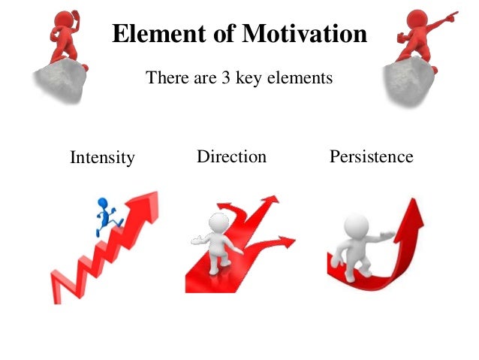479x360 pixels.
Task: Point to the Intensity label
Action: [102, 158]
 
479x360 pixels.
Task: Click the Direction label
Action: [231, 156]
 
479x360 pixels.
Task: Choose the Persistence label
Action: [371, 156]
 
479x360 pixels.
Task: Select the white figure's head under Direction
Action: [218, 224]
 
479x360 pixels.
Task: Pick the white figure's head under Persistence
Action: [356, 225]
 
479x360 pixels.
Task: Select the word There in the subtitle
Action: [164, 77]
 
